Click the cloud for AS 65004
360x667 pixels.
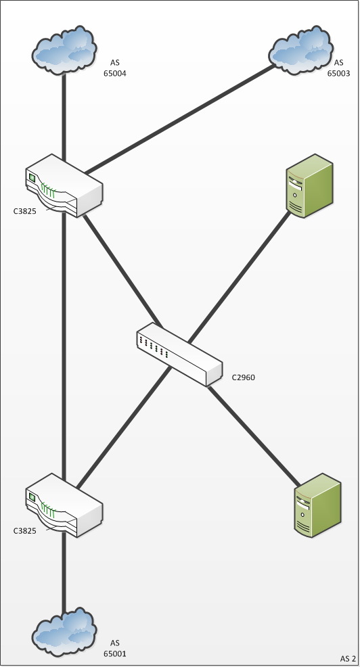pos(64,50)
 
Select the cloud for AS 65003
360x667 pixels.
pos(301,50)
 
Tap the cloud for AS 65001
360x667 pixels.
pos(64,632)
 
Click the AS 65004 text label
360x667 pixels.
pos(115,68)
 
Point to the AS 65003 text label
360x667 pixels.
pos(339,68)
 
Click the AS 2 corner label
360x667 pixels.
pos(348,658)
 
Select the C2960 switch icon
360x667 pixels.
pos(179,354)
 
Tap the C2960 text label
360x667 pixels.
pos(244,377)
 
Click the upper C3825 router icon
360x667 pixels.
pos(64,185)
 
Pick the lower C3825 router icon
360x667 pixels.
pos(64,505)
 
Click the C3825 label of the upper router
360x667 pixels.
pos(24,210)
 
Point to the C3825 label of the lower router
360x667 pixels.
pos(24,530)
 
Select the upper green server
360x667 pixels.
pos(310,186)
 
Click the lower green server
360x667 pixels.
pos(318,506)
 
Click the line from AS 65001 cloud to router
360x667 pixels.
pos(64,571)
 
